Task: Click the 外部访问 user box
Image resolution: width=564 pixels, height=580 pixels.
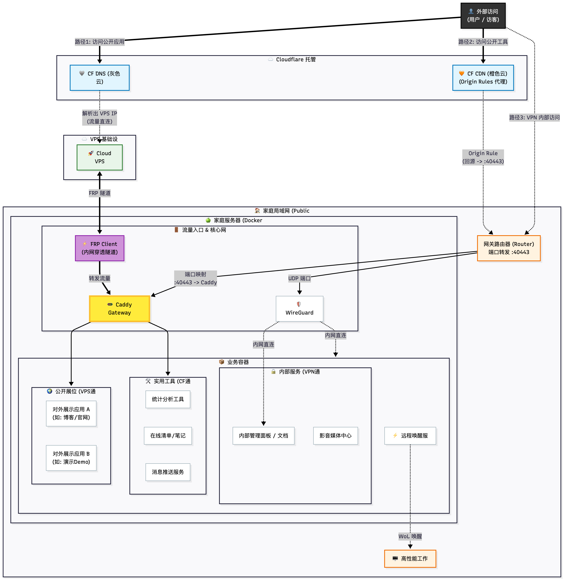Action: click(x=483, y=15)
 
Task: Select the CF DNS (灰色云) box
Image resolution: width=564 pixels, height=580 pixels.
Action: click(x=99, y=78)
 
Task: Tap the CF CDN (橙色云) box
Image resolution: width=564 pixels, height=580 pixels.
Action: click(x=483, y=78)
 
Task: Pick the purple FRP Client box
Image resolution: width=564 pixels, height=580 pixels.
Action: click(x=99, y=248)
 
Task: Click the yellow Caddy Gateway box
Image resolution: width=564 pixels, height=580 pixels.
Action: click(x=119, y=309)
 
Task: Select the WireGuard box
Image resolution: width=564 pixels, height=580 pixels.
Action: click(x=299, y=309)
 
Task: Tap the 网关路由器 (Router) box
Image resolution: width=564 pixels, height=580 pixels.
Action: click(x=509, y=248)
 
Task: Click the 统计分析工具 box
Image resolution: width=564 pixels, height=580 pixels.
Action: click(x=168, y=399)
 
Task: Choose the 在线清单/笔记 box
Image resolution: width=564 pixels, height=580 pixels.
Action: click(x=168, y=436)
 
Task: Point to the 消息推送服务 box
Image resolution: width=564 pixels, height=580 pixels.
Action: click(x=168, y=472)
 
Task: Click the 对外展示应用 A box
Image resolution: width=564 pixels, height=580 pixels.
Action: click(x=71, y=413)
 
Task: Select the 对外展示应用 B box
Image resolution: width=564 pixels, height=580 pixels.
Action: click(x=71, y=458)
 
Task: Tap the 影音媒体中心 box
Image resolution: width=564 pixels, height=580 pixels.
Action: click(x=335, y=436)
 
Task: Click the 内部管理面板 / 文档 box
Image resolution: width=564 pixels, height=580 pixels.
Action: click(x=263, y=436)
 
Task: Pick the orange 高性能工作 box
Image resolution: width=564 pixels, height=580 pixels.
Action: click(x=410, y=559)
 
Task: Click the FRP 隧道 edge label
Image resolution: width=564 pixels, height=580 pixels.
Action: click(x=99, y=193)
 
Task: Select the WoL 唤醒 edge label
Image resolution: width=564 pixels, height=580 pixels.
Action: click(x=410, y=536)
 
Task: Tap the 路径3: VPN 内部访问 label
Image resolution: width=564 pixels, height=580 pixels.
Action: click(x=534, y=117)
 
